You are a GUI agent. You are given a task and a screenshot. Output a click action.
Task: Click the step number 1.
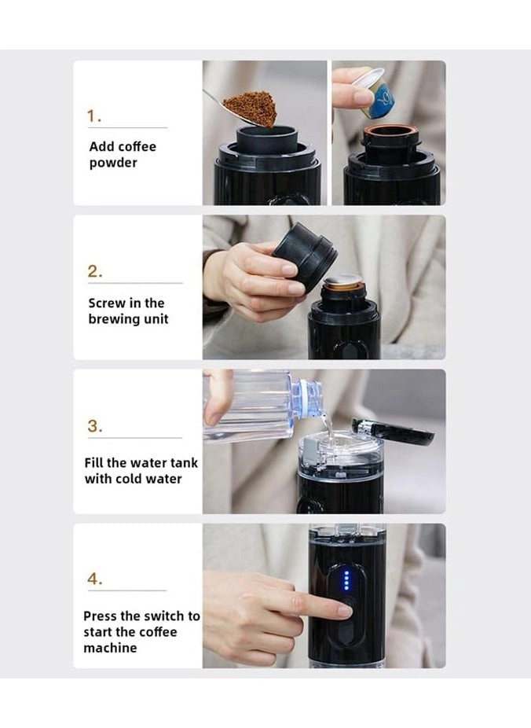(x=94, y=116)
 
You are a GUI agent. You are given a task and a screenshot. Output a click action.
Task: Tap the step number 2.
(x=94, y=272)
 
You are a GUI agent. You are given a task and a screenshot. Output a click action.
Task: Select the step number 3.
(x=94, y=427)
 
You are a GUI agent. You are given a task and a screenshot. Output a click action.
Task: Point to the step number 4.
(x=94, y=579)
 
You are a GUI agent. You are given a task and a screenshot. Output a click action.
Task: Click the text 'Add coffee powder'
(x=123, y=155)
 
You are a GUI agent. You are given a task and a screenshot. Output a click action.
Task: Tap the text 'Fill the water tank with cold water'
(x=141, y=471)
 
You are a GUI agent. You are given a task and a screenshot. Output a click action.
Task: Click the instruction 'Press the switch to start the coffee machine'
(x=141, y=632)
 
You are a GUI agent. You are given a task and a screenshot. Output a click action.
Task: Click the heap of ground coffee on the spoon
(x=250, y=108)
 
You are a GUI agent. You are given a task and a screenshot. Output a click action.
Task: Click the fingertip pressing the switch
(x=344, y=610)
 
